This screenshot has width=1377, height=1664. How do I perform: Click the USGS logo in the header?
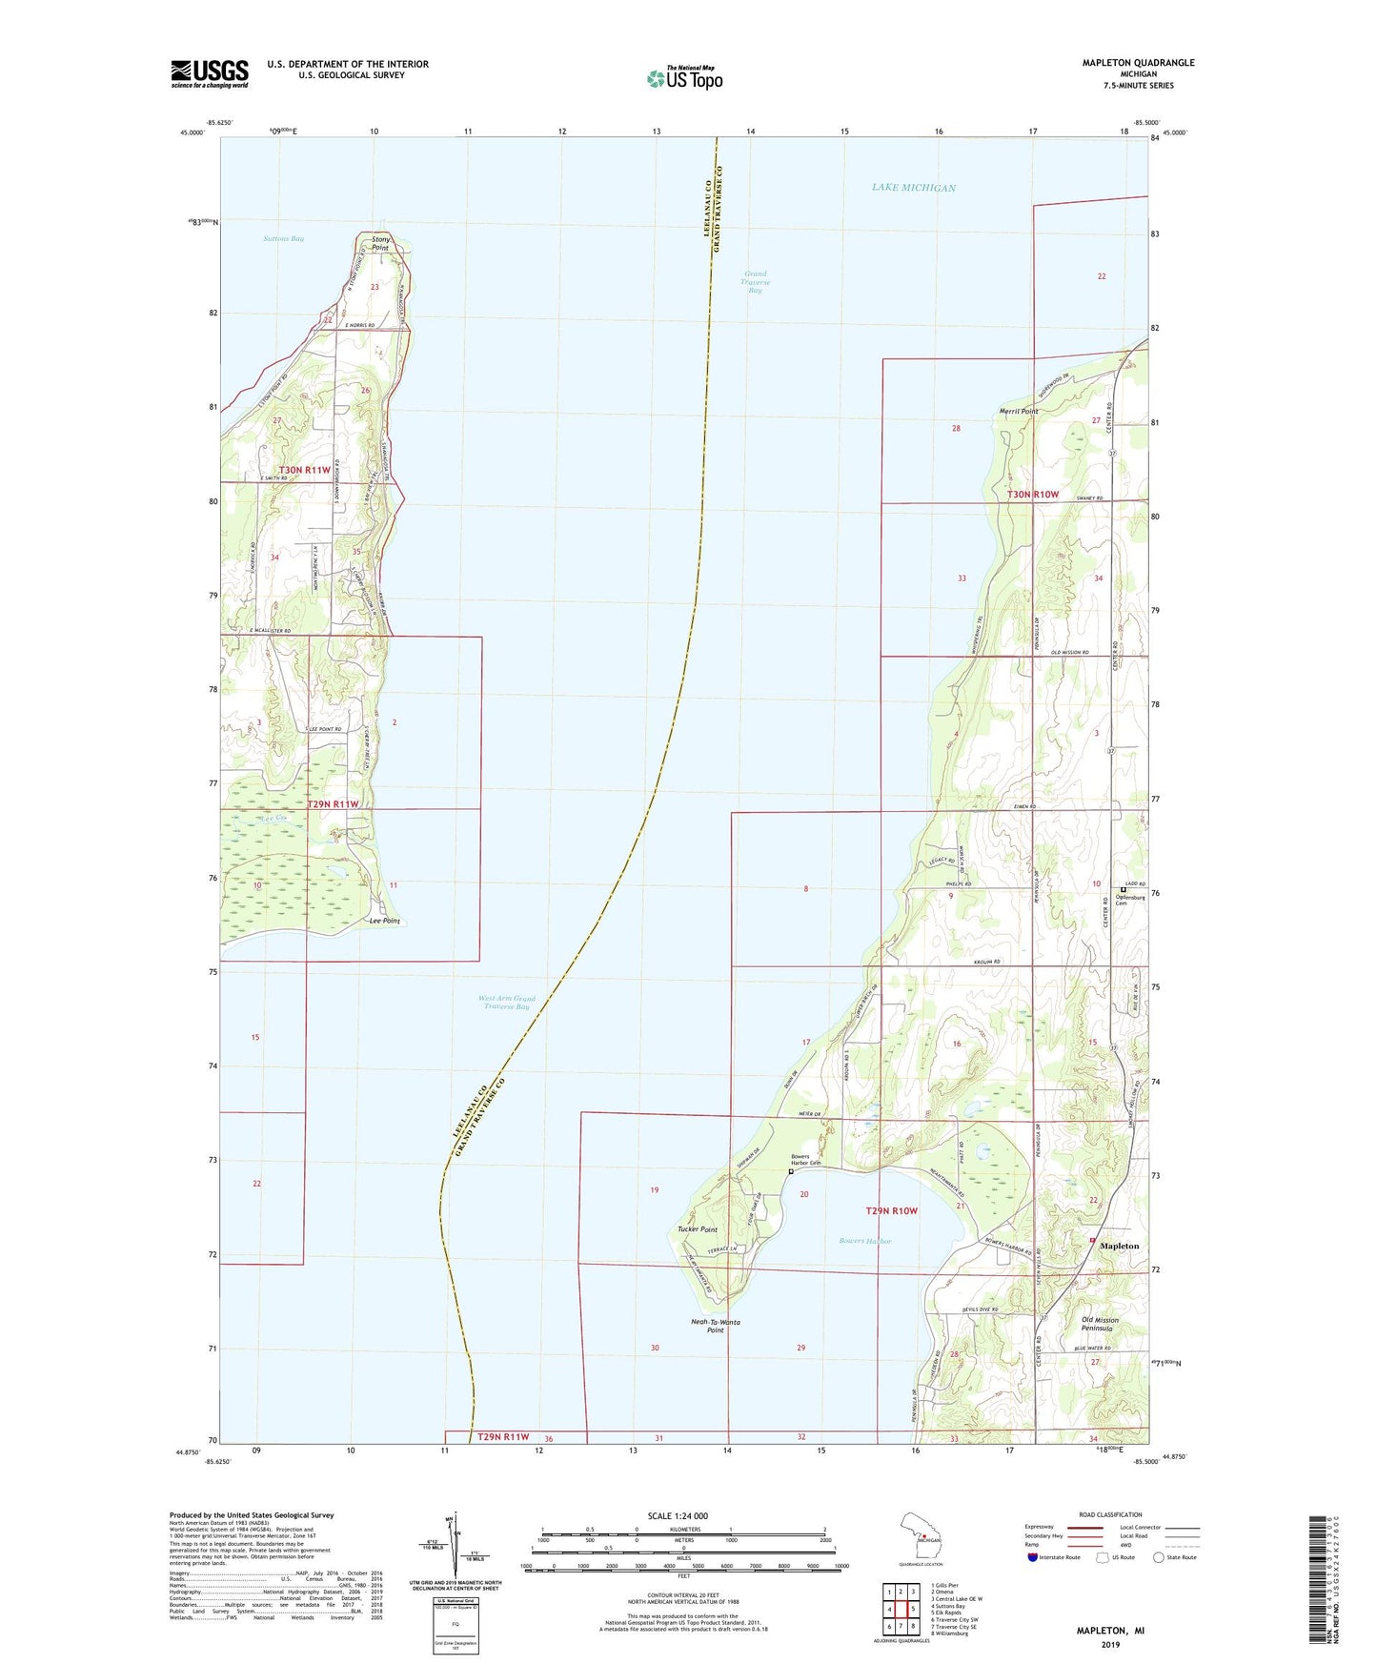point(210,73)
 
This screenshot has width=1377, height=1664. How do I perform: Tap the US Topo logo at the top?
point(684,78)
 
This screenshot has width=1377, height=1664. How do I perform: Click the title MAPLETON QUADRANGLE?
point(1138,63)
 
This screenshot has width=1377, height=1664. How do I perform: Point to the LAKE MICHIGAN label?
point(913,188)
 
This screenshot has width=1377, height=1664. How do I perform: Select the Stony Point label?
point(380,243)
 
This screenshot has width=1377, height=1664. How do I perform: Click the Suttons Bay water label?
point(283,238)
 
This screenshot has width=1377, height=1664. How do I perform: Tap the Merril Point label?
point(1018,412)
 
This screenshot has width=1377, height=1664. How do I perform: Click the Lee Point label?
point(385,922)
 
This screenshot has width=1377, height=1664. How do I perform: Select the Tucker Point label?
point(697,1229)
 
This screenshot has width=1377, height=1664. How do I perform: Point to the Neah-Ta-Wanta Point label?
point(716,1326)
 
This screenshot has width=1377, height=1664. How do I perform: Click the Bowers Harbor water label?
point(865,1241)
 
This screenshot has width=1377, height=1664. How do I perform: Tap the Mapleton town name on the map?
point(1120,1246)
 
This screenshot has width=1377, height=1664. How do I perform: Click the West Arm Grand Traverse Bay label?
point(506,1003)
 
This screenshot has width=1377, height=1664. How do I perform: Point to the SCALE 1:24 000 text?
point(678,1515)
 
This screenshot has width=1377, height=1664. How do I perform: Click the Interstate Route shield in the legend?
point(1034,1557)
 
